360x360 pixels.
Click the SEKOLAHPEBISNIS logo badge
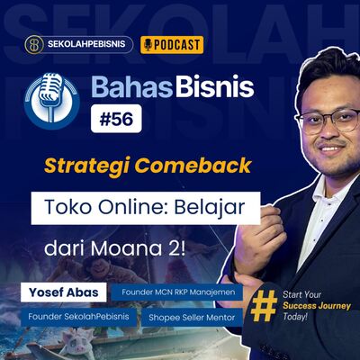(x=79, y=45)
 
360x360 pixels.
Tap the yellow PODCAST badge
(x=172, y=45)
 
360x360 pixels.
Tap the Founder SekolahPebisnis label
(x=68, y=317)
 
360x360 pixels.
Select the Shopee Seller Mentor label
(x=192, y=317)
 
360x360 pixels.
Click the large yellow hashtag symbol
(x=263, y=305)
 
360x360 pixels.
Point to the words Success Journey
(x=313, y=306)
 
